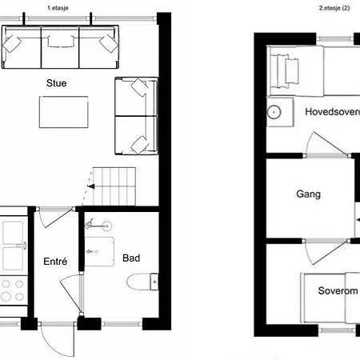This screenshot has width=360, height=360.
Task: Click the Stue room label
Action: click(56, 83)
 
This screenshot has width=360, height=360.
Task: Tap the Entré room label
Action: click(55, 261)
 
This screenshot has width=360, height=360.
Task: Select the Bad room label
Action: click(131, 258)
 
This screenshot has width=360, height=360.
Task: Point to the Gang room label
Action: click(308, 194)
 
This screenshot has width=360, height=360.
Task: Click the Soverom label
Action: click(338, 290)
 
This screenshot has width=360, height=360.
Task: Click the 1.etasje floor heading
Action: click(58, 8)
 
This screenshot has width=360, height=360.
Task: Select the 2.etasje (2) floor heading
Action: click(334, 8)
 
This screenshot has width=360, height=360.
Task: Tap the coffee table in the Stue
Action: click(63, 112)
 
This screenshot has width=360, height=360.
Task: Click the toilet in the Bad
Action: click(142, 282)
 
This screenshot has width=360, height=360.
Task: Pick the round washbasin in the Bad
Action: click(106, 226)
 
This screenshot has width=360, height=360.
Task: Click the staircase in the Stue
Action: click(114, 186)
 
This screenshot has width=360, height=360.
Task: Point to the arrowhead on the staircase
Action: click(91, 186)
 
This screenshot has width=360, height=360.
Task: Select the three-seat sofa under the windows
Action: click(60, 47)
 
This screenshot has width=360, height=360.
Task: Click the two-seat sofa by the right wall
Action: click(136, 116)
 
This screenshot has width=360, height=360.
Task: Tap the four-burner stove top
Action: click(13, 290)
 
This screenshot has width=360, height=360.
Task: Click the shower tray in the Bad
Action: click(99, 251)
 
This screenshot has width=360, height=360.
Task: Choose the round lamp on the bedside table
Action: click(274, 112)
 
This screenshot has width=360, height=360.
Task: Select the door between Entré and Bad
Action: click(71, 294)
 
